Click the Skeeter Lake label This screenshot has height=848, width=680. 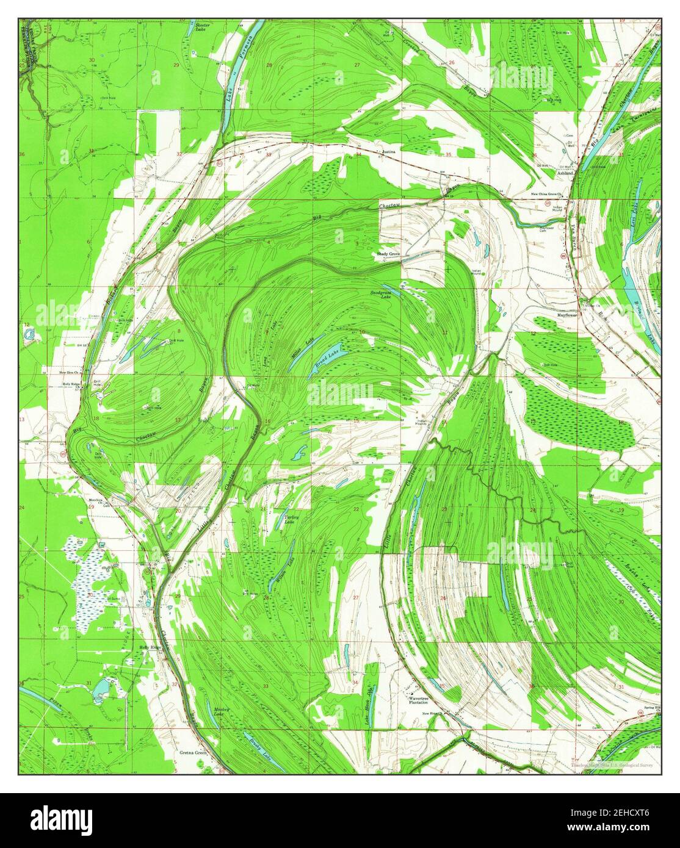click(x=202, y=27)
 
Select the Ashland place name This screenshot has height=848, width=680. click(x=565, y=173)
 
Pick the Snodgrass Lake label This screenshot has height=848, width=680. click(x=380, y=294)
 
